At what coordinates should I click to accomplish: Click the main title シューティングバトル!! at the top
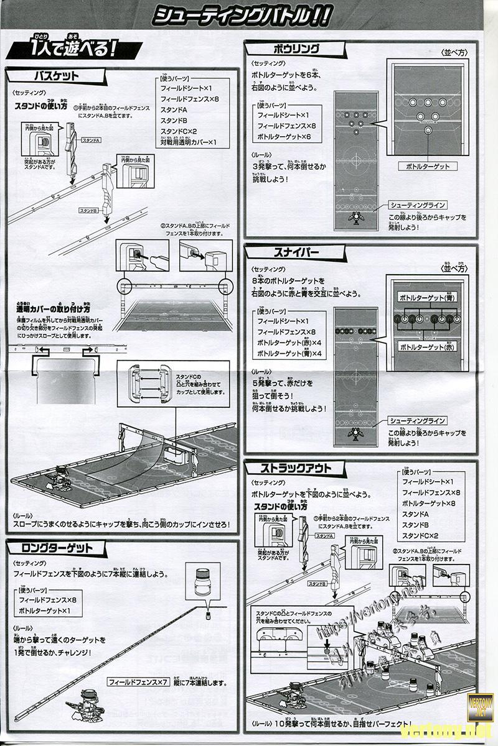[242, 14]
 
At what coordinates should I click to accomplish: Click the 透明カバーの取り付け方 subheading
[53, 308]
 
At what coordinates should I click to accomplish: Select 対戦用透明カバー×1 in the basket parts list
[188, 142]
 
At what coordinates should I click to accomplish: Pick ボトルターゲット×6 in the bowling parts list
[284, 136]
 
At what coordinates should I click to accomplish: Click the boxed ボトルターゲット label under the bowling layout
[428, 167]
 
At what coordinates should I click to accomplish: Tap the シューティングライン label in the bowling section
[418, 205]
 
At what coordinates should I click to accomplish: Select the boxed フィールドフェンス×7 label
[138, 682]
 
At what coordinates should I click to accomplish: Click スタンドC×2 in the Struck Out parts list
[420, 535]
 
